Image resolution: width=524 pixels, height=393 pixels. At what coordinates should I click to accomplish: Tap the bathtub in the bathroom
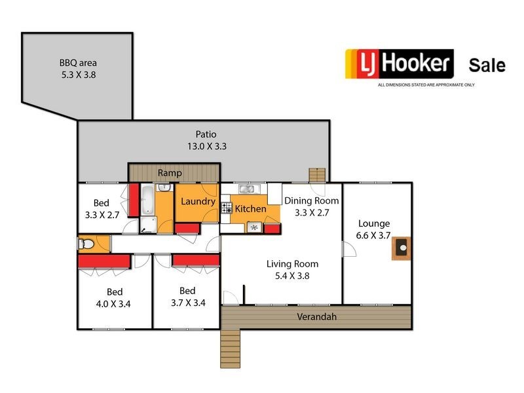(147, 200)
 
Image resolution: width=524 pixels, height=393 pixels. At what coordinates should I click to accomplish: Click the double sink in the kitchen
(247, 189)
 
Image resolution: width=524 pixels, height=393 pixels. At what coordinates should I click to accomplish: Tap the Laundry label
(198, 202)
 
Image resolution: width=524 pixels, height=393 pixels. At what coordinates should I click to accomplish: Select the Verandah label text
(317, 317)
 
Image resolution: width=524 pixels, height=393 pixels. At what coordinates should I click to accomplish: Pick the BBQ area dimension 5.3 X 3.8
(78, 75)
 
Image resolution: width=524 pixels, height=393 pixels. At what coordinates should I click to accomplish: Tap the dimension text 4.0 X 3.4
(114, 303)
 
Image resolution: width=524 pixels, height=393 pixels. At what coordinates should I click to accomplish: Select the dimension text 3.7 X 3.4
(187, 303)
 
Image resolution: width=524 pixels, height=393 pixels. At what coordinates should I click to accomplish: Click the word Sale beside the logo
(487, 65)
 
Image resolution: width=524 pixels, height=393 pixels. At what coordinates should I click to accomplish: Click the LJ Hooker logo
(400, 64)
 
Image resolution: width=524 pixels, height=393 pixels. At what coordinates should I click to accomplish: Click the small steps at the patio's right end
(317, 175)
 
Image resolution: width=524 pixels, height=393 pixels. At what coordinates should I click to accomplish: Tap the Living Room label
(292, 264)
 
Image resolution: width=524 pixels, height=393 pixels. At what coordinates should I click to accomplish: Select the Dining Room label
(311, 200)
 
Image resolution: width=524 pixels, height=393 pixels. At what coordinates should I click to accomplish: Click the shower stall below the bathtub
(148, 225)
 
